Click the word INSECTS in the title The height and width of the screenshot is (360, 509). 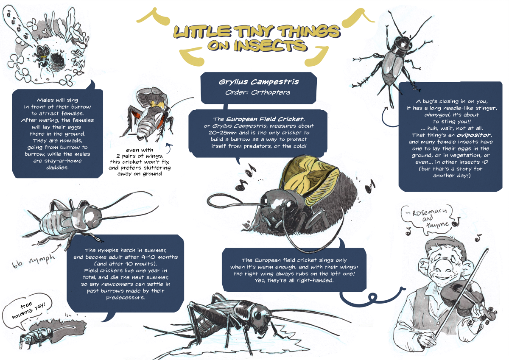click(x=271, y=45)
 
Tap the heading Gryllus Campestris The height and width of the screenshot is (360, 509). click(x=259, y=82)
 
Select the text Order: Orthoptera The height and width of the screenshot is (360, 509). click(x=258, y=92)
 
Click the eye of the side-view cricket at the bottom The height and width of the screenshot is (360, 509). click(x=257, y=315)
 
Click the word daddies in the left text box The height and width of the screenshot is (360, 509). click(x=57, y=167)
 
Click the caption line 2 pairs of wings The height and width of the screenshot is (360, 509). click(x=140, y=156)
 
